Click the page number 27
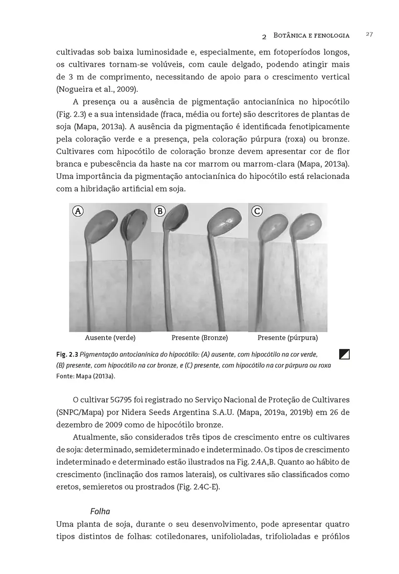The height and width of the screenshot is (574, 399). [369, 34]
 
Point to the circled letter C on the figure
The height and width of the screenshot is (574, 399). [257, 210]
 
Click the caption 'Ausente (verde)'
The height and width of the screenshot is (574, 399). [110, 338]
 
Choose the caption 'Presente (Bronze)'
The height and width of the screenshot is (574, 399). [199, 338]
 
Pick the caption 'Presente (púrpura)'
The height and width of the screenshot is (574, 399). [288, 338]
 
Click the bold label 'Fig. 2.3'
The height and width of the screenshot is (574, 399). [67, 354]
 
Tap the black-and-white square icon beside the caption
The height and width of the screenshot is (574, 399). [344, 354]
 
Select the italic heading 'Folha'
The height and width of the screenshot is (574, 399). [100, 511]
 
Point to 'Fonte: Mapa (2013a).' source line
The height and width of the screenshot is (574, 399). [86, 376]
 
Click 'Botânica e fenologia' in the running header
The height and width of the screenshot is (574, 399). [311, 35]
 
